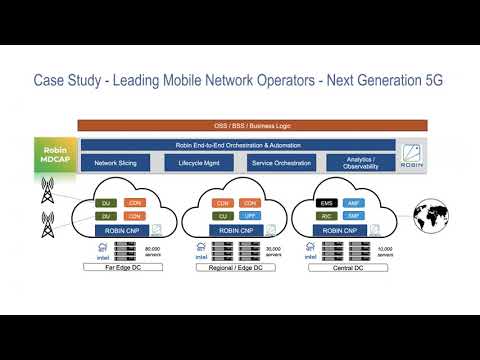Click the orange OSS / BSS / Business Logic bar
click(x=251, y=125)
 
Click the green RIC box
click(x=326, y=215)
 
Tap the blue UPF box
click(x=251, y=215)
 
